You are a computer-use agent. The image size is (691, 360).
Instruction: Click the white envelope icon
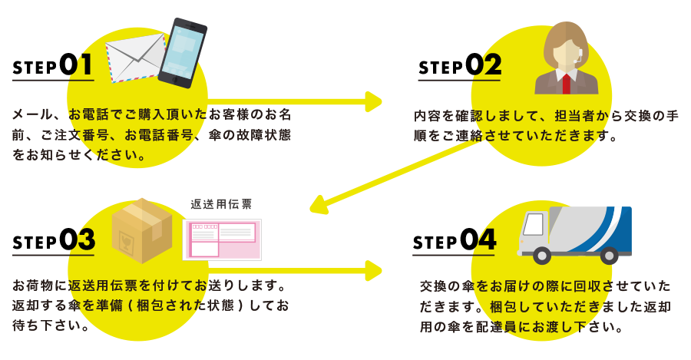[x=135, y=57]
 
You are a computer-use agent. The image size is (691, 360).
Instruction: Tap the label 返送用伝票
[x=220, y=205]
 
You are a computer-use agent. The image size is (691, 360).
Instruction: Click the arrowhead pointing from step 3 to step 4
[x=374, y=270]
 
